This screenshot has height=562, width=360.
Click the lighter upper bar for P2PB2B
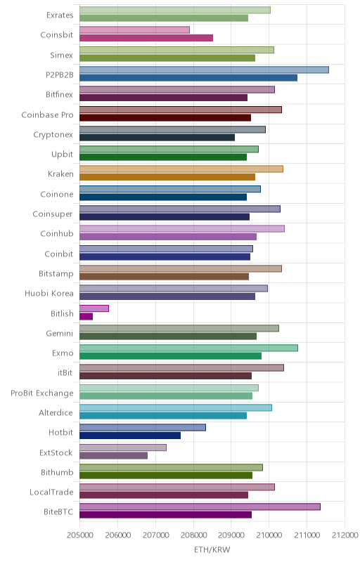(204, 70)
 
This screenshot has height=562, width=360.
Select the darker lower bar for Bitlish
(86, 317)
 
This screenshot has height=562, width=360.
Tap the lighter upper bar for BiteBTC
(200, 507)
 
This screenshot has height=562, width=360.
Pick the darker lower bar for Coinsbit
(146, 38)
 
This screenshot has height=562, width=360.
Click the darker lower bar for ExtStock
(113, 455)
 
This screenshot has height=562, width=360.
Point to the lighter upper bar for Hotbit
(143, 428)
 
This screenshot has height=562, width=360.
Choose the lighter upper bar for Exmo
(188, 348)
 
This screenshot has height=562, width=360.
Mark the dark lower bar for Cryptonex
(157, 137)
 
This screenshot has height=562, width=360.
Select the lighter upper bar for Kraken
(181, 169)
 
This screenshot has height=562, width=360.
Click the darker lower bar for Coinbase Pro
(165, 117)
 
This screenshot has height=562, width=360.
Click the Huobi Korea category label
(49, 293)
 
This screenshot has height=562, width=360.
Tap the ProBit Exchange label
(42, 393)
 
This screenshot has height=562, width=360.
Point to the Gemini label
(60, 333)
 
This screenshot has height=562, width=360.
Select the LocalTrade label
(51, 492)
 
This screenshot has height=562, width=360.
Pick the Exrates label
(60, 15)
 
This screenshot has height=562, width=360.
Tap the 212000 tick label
(345, 535)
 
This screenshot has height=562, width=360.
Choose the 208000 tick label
(193, 535)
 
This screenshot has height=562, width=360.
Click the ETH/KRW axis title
(212, 550)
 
